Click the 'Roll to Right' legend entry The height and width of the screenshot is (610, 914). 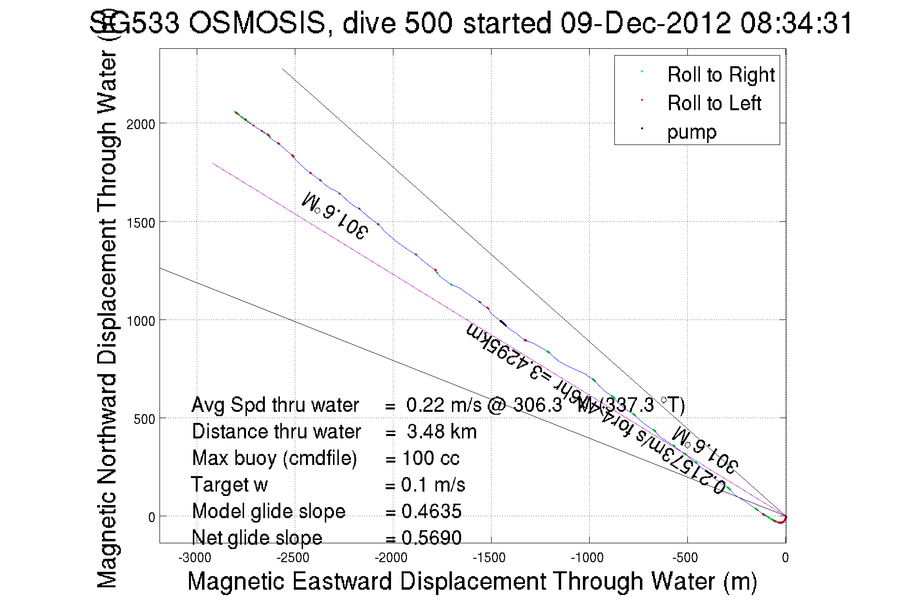(721, 75)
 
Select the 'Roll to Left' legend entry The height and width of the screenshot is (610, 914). (714, 103)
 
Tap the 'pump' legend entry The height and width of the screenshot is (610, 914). (692, 132)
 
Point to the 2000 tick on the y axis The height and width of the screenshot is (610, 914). (141, 124)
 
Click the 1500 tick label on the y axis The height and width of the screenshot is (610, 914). (141, 223)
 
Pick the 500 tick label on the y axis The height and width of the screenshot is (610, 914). (144, 419)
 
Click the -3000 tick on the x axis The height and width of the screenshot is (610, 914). (195, 558)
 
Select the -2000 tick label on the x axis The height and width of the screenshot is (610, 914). (391, 558)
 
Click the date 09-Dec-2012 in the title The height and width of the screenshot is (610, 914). (645, 23)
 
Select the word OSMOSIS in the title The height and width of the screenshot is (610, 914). (257, 23)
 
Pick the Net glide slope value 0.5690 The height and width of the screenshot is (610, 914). (432, 537)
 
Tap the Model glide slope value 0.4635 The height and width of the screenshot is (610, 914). (432, 511)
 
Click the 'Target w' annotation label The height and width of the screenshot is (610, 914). (229, 485)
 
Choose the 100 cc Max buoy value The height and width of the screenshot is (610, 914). (431, 458)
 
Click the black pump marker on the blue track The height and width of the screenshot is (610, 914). (503, 323)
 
